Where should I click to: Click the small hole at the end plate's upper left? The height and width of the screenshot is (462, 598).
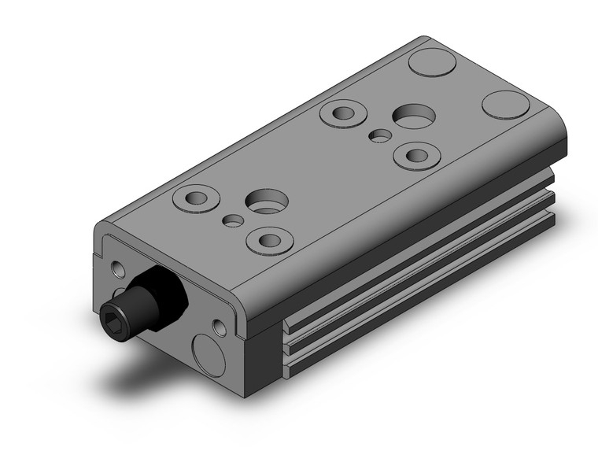point(118,269)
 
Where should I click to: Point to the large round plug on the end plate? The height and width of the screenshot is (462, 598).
point(209,347)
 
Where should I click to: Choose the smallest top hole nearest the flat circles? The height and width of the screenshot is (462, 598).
point(380,135)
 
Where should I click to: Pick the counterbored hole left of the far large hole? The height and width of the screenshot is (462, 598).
point(341,113)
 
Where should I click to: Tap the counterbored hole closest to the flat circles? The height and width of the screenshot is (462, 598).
point(414,154)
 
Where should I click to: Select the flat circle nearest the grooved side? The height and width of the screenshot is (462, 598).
point(504,105)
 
